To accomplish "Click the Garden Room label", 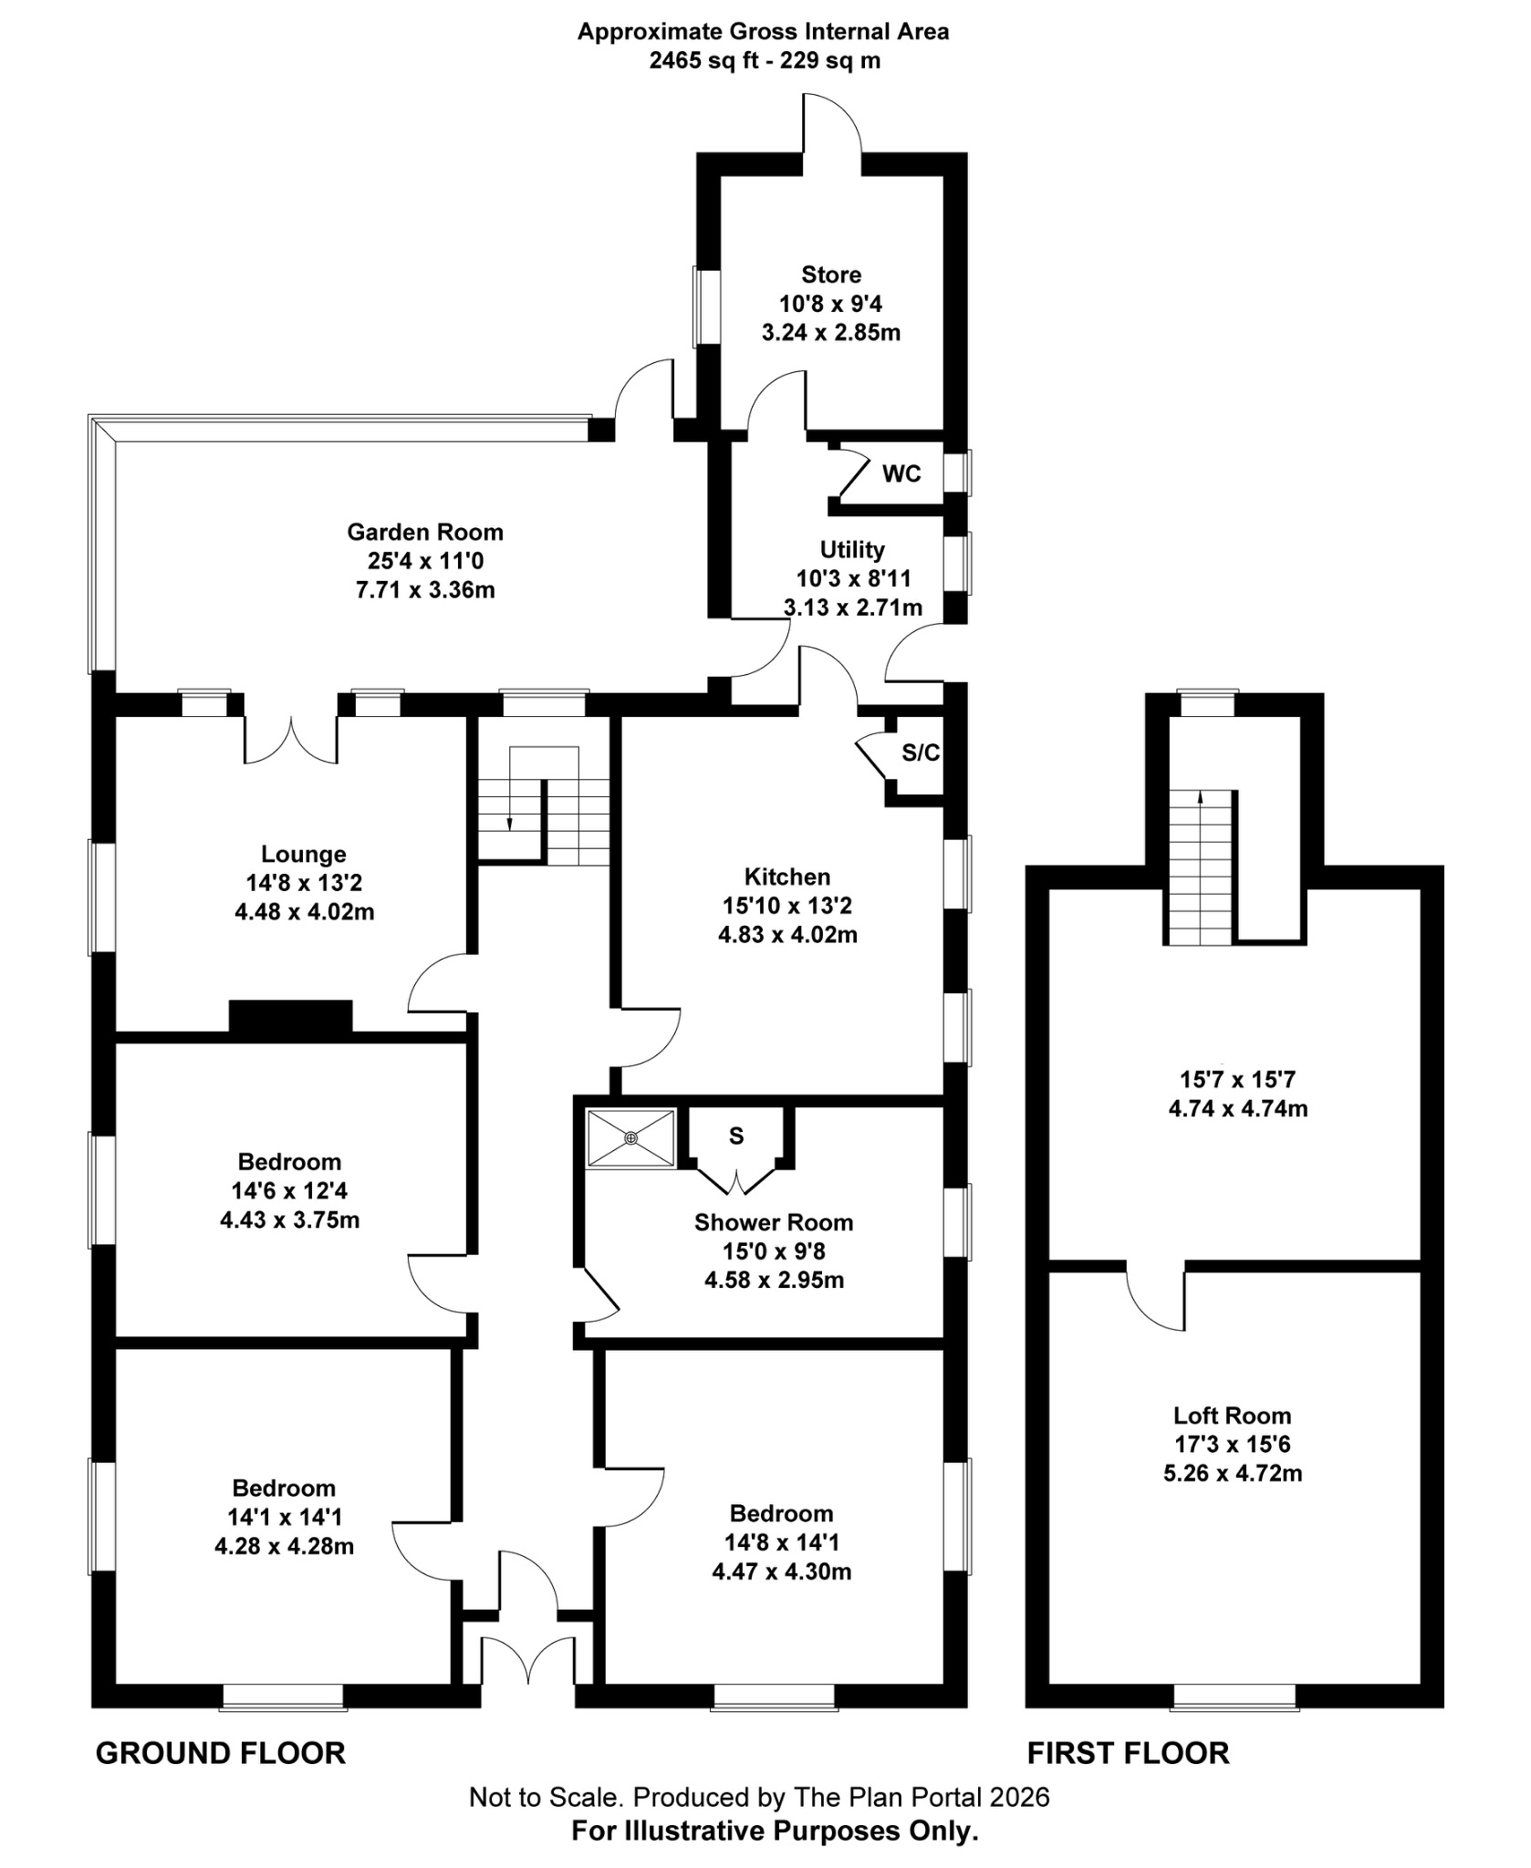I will (424, 532).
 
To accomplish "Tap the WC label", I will (901, 474).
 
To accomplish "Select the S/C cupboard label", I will (920, 752).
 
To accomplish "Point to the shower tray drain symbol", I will (631, 1137).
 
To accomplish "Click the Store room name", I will (830, 275).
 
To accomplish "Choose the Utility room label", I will (851, 550).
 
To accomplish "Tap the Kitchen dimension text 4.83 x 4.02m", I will (786, 935).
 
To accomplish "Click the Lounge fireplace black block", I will (290, 1017).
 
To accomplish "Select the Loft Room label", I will (1232, 1416).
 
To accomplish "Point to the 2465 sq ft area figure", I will (703, 61).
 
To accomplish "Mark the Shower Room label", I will (773, 1222).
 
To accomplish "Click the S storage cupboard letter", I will (735, 1136).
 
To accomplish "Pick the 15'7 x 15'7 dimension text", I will (1236, 1080).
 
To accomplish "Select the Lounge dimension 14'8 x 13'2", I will (304, 883).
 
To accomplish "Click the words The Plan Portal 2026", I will (922, 1798).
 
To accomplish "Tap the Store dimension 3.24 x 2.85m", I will (830, 332).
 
